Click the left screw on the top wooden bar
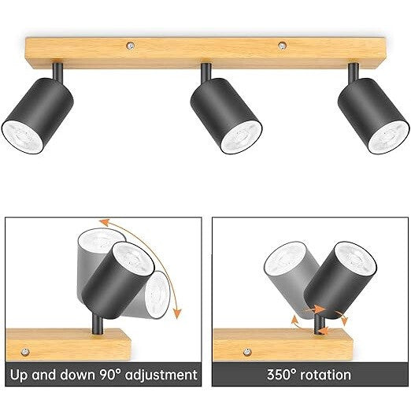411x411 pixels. click(130, 46)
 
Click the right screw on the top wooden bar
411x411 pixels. click(282, 46)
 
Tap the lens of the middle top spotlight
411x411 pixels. click(241, 137)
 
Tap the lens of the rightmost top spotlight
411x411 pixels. click(388, 138)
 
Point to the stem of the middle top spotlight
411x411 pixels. click(206, 72)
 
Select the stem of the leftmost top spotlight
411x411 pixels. click(57, 72)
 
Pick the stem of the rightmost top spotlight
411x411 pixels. click(354, 72)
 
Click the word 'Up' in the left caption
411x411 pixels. click(19, 375)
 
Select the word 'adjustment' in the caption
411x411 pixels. click(161, 375)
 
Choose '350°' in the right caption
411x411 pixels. click(281, 375)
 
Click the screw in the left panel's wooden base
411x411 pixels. click(25, 351)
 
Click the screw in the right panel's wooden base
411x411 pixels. click(247, 352)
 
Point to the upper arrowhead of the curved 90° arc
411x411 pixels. click(105, 222)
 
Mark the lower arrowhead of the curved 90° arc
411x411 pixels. click(178, 313)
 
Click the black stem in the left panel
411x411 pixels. click(98, 324)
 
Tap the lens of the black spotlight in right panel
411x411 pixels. click(356, 257)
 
